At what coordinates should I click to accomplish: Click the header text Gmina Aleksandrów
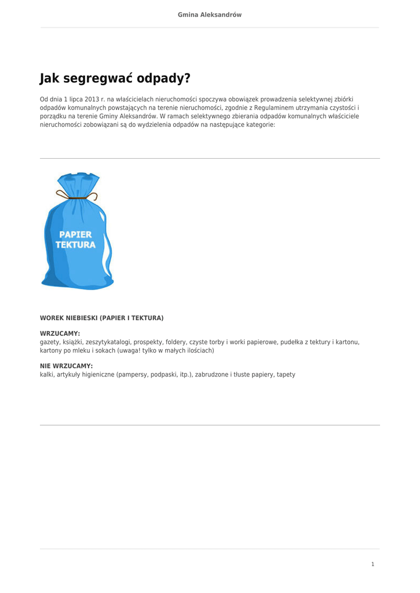[210, 14]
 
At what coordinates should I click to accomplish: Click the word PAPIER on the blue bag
[75, 235]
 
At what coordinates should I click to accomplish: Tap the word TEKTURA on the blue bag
[75, 245]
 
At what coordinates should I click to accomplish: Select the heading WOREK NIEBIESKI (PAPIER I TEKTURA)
[101, 318]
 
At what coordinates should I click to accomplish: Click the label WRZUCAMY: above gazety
[60, 334]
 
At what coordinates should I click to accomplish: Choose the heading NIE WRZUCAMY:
[66, 366]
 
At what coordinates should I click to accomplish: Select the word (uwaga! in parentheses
[132, 350]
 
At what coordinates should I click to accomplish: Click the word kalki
[47, 375]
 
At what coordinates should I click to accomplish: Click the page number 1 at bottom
[372, 564]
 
